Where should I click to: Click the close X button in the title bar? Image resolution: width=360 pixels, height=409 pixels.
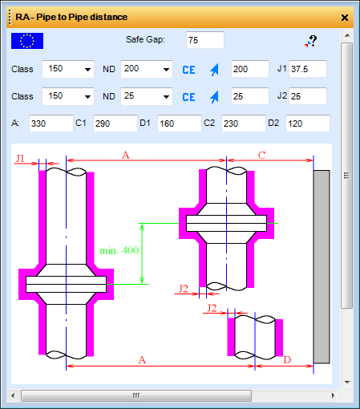coord(345,18)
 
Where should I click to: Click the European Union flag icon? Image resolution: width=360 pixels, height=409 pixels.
coord(27,41)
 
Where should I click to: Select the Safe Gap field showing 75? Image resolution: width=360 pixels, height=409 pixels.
coord(205,40)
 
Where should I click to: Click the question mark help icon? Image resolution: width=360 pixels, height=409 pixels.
coord(311,42)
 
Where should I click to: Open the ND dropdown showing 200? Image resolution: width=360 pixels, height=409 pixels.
coord(147,69)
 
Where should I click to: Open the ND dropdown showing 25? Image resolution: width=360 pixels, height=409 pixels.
coord(147,96)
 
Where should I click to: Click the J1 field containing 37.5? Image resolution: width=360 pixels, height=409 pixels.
coord(308,69)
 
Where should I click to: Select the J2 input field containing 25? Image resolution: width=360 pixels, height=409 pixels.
coord(308,96)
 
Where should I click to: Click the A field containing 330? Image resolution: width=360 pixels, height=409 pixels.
coord(51,124)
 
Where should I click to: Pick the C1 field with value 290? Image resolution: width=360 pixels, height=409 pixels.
coord(115,124)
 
